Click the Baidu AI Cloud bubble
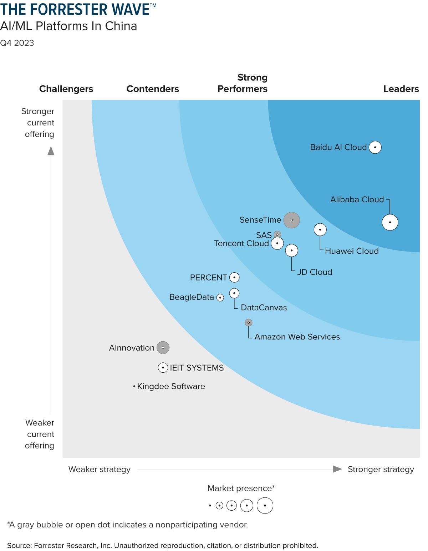pyautogui.click(x=375, y=147)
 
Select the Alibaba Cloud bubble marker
pyautogui.click(x=390, y=222)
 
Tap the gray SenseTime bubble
pyautogui.click(x=291, y=220)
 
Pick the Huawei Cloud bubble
pyautogui.click(x=320, y=229)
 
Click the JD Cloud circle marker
pyautogui.click(x=291, y=250)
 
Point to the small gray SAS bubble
pyautogui.click(x=277, y=235)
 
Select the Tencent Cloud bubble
pyautogui.click(x=277, y=243)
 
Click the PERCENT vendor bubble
pyautogui.click(x=234, y=277)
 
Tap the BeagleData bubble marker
pyautogui.click(x=220, y=297)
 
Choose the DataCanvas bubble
pyautogui.click(x=234, y=293)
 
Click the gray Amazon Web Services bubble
pyautogui.click(x=249, y=323)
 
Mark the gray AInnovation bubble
pyautogui.click(x=163, y=348)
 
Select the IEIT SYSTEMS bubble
pyautogui.click(x=163, y=368)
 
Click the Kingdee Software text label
pyautogui.click(x=171, y=386)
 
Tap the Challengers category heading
pyautogui.click(x=66, y=89)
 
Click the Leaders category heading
pyautogui.click(x=401, y=89)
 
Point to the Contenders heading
pyautogui.click(x=153, y=89)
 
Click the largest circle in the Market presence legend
pyautogui.click(x=265, y=506)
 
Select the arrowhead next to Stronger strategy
pyautogui.click(x=337, y=469)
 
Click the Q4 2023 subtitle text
pyautogui.click(x=17, y=43)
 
